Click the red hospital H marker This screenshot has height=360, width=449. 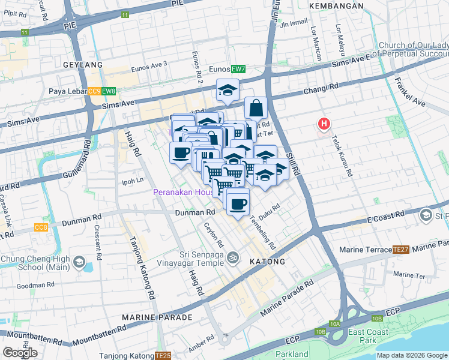tap(324, 124)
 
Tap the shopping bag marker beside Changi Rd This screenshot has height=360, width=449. tap(256, 109)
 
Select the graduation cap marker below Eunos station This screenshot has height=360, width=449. tap(228, 91)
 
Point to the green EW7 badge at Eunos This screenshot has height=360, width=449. tap(239, 69)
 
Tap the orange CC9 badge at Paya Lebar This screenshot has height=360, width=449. tap(94, 91)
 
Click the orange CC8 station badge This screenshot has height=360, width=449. tap(41, 227)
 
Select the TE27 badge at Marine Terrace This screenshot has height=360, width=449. tap(400, 248)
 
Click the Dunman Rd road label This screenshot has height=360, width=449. tap(195, 212)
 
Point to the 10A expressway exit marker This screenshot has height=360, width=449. tap(334, 324)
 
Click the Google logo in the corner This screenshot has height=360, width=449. tap(20, 353)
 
